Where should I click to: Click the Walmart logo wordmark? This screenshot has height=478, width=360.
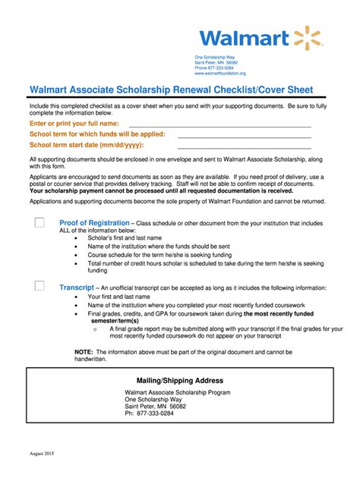click(x=244, y=37)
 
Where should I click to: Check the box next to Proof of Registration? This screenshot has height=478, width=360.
click(x=39, y=223)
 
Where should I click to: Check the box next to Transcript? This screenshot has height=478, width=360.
click(x=39, y=286)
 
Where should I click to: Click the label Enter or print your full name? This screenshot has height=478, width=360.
click(x=74, y=123)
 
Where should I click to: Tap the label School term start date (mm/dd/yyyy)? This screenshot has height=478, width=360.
click(x=87, y=144)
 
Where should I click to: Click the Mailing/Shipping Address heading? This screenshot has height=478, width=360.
click(x=179, y=380)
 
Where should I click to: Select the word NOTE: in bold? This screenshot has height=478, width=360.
click(x=84, y=353)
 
